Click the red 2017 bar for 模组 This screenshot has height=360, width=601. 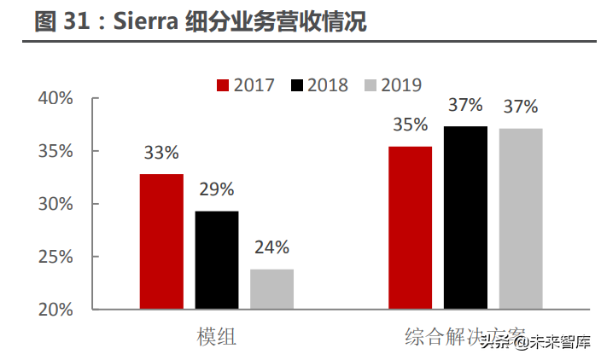pyautogui.click(x=161, y=241)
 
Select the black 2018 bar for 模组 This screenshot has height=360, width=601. pyautogui.click(x=217, y=259)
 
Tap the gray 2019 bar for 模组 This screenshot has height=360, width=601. pyautogui.click(x=271, y=288)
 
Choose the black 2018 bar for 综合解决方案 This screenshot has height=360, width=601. pyautogui.click(x=465, y=218)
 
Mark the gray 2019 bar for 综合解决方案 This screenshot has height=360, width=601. pyautogui.click(x=521, y=218)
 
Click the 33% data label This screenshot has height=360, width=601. pyautogui.click(x=161, y=154)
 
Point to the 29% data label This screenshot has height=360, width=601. pyautogui.click(x=217, y=189)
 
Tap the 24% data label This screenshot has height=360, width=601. pyautogui.click(x=271, y=248)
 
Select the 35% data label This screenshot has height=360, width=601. pyautogui.click(x=411, y=125)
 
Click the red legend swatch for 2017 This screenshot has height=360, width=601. pyautogui.click(x=224, y=85)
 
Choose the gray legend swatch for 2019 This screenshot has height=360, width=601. pyautogui.click(x=371, y=85)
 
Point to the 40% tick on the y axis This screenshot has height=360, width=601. pyautogui.click(x=55, y=99)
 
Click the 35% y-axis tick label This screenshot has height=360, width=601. pyautogui.click(x=55, y=152)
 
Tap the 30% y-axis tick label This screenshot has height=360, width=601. pyautogui.click(x=55, y=205)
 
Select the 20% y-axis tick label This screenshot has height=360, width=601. pyautogui.click(x=55, y=309)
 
